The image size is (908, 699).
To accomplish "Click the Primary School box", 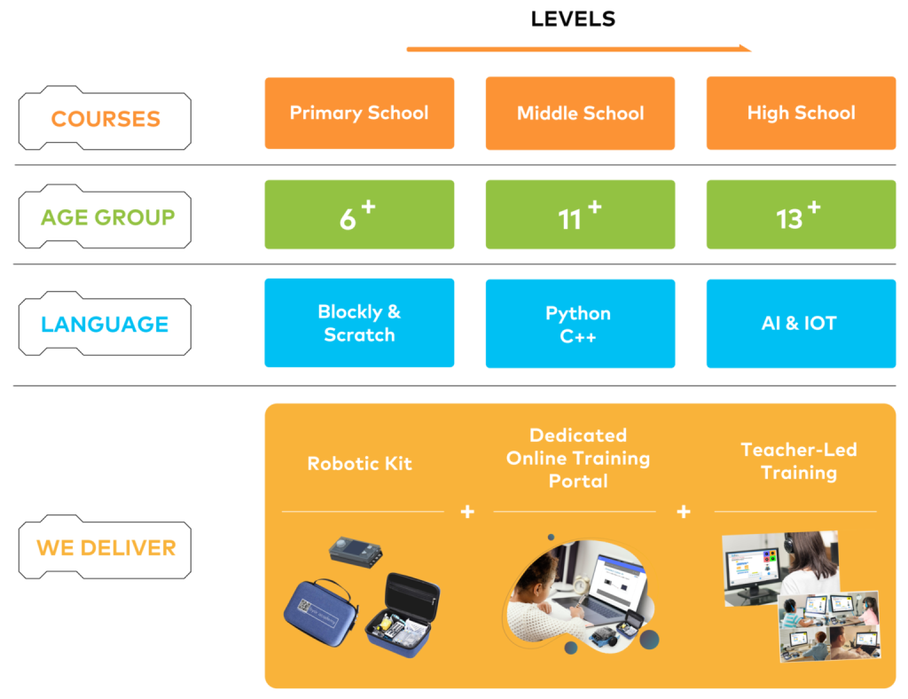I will [359, 113].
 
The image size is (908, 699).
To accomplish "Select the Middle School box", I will [580, 113].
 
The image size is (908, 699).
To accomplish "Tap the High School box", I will [801, 113].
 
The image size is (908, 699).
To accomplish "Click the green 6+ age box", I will [359, 215].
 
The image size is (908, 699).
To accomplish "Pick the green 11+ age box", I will [580, 215].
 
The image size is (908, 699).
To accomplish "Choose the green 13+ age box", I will [801, 215].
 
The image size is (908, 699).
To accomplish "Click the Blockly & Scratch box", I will [359, 323].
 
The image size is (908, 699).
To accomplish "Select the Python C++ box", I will [580, 324].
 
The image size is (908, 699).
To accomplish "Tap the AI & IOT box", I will [801, 324].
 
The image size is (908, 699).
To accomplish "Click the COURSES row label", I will [106, 119].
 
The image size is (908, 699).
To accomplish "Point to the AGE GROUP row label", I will [107, 217].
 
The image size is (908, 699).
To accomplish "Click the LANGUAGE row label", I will [105, 325].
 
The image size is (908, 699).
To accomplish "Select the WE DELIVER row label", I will [106, 548].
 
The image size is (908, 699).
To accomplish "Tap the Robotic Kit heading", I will [359, 463].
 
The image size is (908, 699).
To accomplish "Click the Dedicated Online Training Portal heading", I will [578, 458].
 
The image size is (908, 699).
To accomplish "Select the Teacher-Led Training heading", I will [798, 460].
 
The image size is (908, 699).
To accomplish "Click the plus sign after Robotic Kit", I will [467, 512].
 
